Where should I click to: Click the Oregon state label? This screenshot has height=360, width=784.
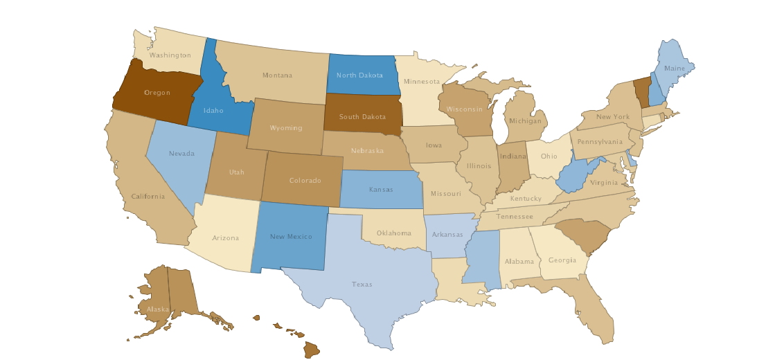[157, 93]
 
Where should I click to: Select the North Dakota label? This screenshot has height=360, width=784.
[359, 75]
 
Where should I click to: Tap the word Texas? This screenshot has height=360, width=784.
[362, 285]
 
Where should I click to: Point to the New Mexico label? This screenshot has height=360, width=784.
[291, 237]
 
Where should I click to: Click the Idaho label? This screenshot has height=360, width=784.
[213, 110]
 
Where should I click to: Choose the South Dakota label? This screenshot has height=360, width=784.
[362, 117]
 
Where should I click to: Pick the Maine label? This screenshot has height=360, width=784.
[674, 69]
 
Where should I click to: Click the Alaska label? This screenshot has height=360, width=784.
[158, 309]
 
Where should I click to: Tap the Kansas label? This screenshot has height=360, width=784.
[380, 189]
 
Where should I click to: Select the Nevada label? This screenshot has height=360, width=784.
[181, 153]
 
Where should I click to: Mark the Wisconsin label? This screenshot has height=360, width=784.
[464, 109]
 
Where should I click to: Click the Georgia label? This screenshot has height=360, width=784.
[562, 260]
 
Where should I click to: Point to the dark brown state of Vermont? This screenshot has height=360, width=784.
[643, 92]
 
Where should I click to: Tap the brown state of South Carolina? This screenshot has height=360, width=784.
[582, 235]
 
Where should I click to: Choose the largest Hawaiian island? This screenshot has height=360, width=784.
[312, 350]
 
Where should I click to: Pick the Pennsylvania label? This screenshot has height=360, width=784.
[599, 142]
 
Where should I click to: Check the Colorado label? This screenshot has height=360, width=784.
[305, 181]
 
